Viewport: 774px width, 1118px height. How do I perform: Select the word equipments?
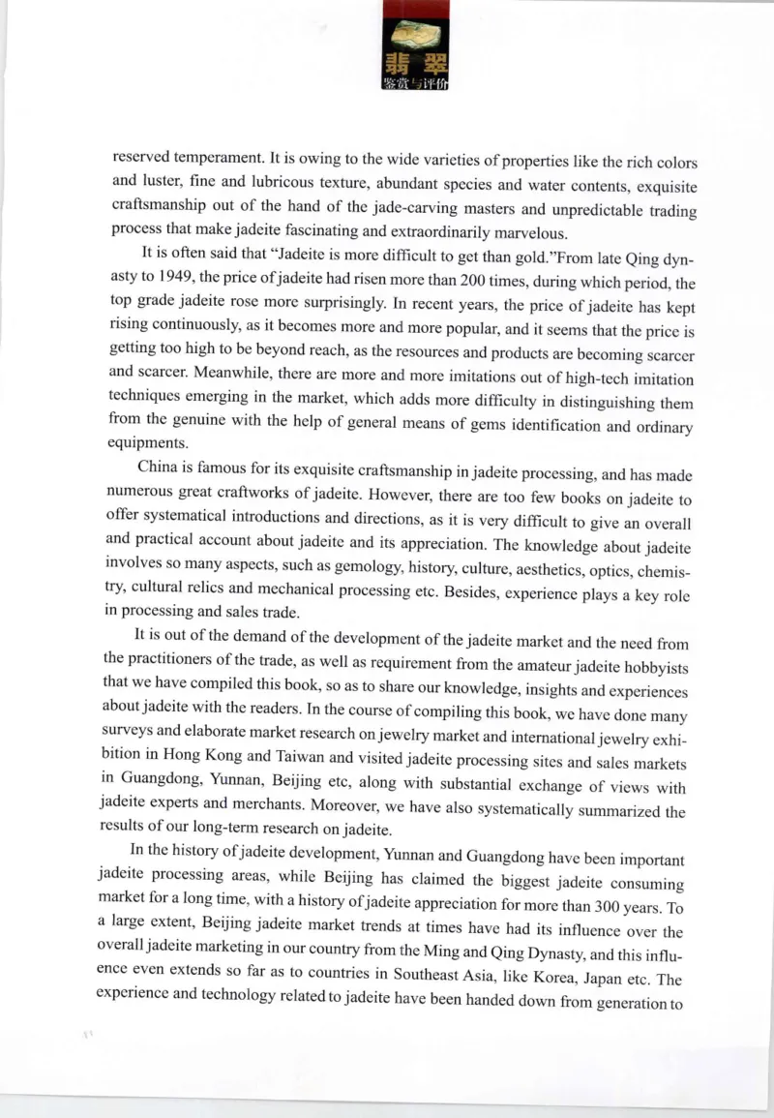144,441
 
